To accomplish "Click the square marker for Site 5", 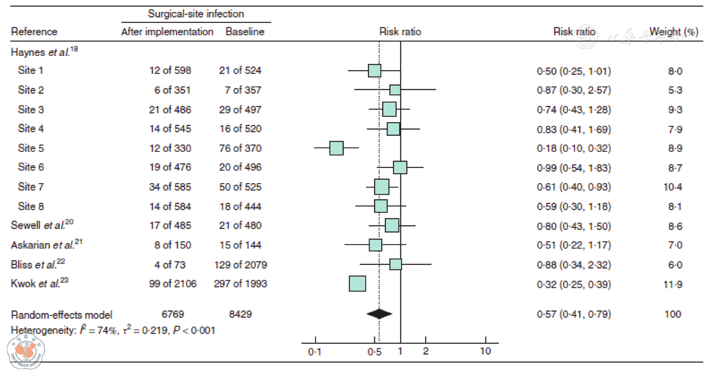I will pyautogui.click(x=336, y=148).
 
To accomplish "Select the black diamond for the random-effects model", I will pyautogui.click(x=379, y=314).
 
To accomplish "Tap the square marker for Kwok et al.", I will pyautogui.click(x=357, y=284).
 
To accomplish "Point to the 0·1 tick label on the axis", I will pyautogui.click(x=315, y=352).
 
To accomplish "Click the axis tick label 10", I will pyautogui.click(x=485, y=351).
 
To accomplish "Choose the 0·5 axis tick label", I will pyautogui.click(x=374, y=352).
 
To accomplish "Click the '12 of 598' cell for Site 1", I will pyautogui.click(x=170, y=71).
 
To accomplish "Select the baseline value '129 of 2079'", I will pyautogui.click(x=240, y=265).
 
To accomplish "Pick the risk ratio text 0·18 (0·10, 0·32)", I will pyautogui.click(x=574, y=148).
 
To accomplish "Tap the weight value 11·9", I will pyautogui.click(x=673, y=285).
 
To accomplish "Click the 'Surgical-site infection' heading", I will pyautogui.click(x=196, y=14).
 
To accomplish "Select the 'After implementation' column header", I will pyautogui.click(x=167, y=32).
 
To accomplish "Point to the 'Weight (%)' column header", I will pyautogui.click(x=674, y=32).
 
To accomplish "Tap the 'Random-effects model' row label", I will pyautogui.click(x=61, y=315).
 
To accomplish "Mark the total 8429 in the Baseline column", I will pyautogui.click(x=240, y=314).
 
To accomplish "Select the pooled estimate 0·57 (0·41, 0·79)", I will pyautogui.click(x=574, y=314).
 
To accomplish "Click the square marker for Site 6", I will pyautogui.click(x=400, y=167).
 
